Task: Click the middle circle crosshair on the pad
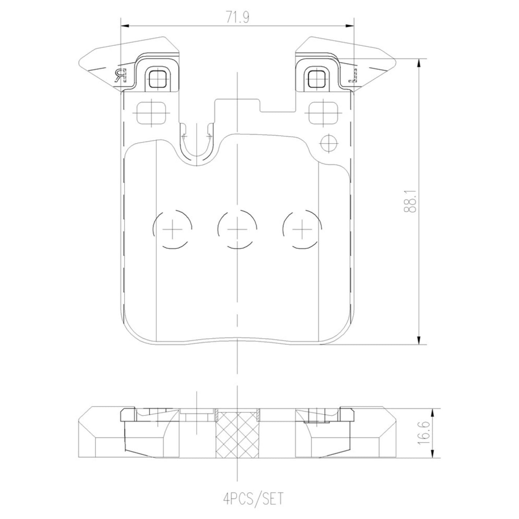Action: pos(237,229)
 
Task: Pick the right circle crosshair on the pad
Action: pos(302,229)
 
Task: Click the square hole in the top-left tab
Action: pos(158,79)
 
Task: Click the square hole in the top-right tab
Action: pos(317,79)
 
